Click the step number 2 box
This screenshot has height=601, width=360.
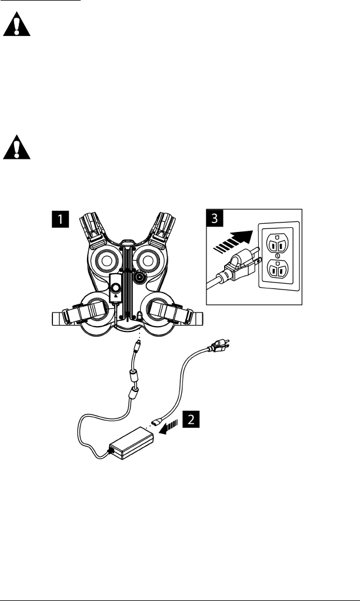pyautogui.click(x=189, y=420)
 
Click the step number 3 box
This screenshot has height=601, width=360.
pyautogui.click(x=215, y=219)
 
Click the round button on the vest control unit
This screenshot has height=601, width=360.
pyautogui.click(x=116, y=288)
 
